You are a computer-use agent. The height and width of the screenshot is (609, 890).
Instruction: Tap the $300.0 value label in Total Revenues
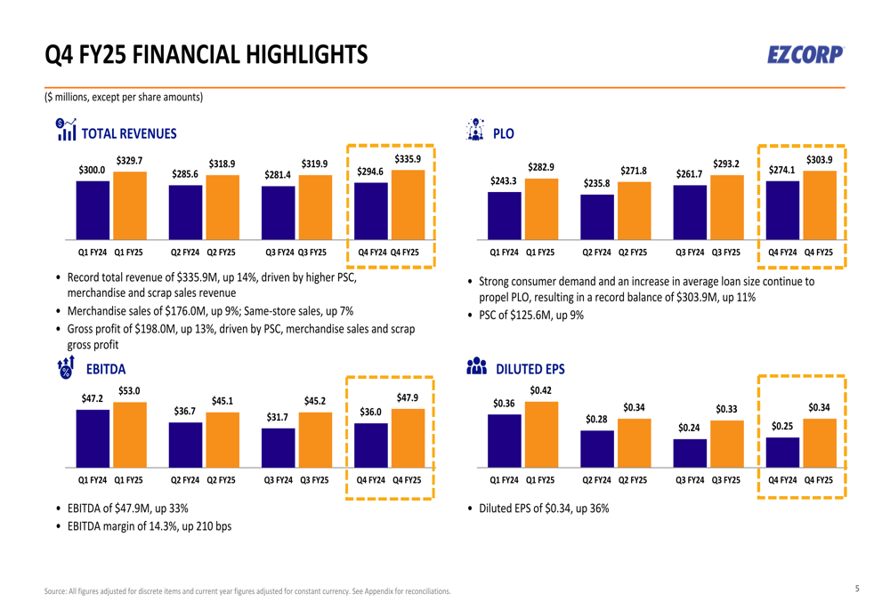(92, 169)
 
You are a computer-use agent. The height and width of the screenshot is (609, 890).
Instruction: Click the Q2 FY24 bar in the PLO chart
(597, 217)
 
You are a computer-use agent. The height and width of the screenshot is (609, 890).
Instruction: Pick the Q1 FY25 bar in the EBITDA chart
(130, 434)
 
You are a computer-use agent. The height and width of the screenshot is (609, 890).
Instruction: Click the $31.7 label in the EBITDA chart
(278, 416)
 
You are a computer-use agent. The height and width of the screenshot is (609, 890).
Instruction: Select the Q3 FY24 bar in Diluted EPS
(690, 453)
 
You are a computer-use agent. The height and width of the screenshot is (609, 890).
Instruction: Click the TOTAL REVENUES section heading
(129, 134)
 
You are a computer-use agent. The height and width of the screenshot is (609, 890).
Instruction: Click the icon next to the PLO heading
(475, 130)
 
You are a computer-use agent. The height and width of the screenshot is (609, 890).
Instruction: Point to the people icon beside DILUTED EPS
(476, 366)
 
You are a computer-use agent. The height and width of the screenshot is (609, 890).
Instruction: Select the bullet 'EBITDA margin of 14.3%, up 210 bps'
(149, 526)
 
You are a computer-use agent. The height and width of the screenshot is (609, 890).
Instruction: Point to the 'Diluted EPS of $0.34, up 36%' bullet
(544, 509)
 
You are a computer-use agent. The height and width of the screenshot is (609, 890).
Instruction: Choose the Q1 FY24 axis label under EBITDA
(93, 480)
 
